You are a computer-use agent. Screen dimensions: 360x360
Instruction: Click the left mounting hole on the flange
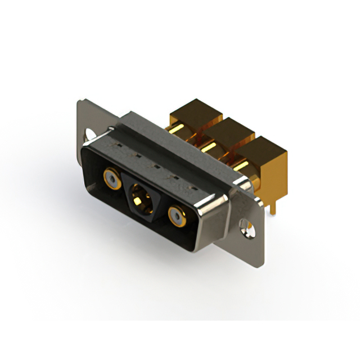[x=89, y=136]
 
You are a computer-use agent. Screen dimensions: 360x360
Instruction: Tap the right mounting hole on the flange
[x=245, y=226]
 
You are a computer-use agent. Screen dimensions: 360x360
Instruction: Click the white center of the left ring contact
[x=111, y=181]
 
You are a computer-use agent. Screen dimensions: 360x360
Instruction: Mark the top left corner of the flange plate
[x=80, y=101]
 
